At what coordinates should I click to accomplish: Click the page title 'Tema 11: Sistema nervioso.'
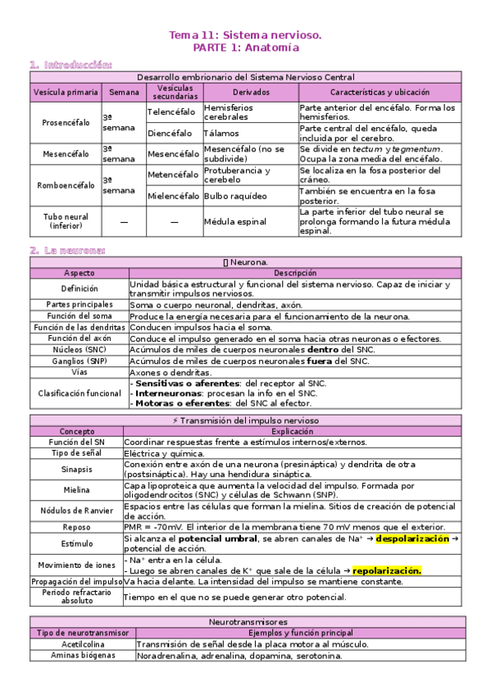pyautogui.click(x=245, y=36)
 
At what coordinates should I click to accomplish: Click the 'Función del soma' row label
pyautogui.click(x=79, y=316)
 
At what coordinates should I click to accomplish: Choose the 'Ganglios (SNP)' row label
pyautogui.click(x=79, y=360)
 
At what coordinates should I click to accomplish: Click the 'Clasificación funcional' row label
pyautogui.click(x=79, y=393)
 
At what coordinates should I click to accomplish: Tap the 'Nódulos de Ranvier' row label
pyautogui.click(x=76, y=510)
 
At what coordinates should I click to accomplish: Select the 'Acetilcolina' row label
pyautogui.click(x=79, y=644)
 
